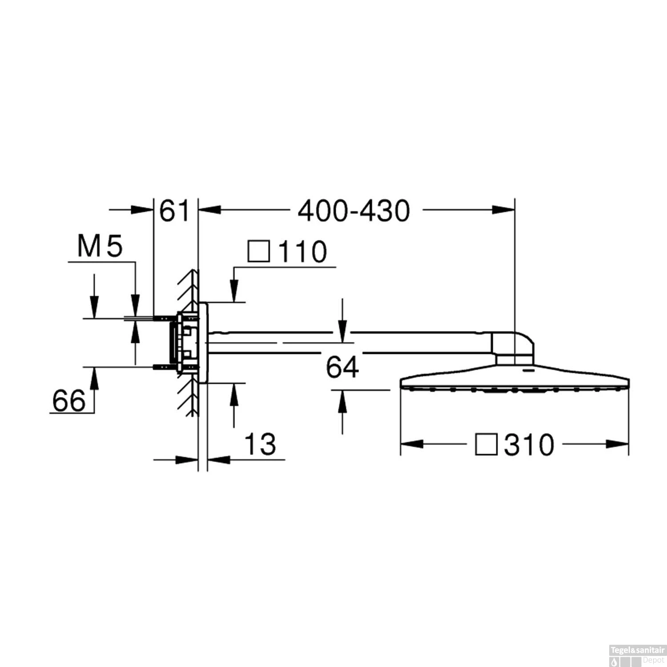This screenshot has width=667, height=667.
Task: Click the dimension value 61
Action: point(174,211)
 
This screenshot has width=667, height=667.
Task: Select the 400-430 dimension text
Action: point(354,211)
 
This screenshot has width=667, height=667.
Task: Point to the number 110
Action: point(302,252)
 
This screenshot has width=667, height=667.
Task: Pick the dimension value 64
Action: point(342,367)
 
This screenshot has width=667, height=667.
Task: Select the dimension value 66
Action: point(69,401)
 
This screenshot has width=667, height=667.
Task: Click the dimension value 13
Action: point(260,444)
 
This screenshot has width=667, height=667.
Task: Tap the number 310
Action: point(529,445)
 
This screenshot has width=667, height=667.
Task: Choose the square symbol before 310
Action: point(486,445)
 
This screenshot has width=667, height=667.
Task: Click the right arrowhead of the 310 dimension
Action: point(618,444)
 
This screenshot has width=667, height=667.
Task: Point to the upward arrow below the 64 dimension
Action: point(342,402)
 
